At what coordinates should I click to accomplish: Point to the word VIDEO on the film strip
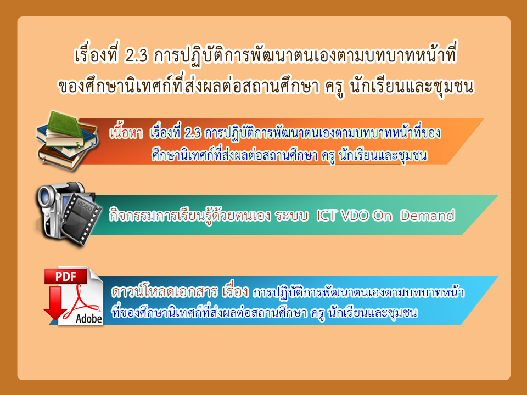[x=85, y=205]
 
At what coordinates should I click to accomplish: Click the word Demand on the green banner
[x=428, y=216]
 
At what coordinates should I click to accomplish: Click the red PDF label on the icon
[x=66, y=276]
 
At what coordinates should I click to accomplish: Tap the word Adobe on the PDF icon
[x=89, y=318]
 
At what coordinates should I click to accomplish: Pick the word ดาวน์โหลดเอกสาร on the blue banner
[x=165, y=291]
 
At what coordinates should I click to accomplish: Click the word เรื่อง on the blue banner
[x=236, y=291]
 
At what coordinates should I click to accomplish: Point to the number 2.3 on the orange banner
[x=193, y=133]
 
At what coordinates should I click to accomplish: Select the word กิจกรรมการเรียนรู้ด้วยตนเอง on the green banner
[x=190, y=215]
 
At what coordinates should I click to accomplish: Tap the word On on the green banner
[x=383, y=216]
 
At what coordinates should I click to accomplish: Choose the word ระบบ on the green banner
[x=291, y=216]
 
